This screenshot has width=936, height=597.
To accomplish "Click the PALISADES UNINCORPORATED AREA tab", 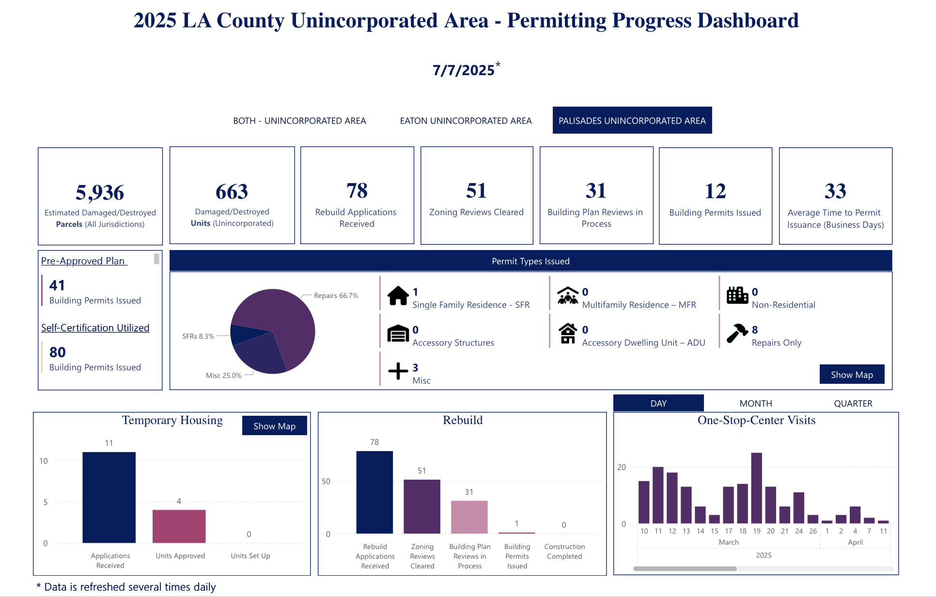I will point(632,121).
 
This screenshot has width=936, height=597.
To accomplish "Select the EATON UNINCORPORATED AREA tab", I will point(466,121).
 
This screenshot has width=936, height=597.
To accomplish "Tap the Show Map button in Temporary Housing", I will point(274,426).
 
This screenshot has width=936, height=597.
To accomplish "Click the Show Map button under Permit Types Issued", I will point(851,375).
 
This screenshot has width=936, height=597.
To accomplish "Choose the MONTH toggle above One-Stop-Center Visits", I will point(755,403).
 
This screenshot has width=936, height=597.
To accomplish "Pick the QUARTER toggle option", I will point(853,403).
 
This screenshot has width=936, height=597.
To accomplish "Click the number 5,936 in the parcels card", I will point(100,192).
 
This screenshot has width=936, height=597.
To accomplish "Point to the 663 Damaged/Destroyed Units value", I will point(232,192).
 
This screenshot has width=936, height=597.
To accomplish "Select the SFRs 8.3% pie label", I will point(198,336).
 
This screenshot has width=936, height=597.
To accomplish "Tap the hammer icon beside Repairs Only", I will point(737,333).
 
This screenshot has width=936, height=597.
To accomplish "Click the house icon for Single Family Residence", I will point(398,296).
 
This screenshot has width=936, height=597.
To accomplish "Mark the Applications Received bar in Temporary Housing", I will point(109,497).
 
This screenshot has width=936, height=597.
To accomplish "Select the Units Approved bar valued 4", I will point(179,526).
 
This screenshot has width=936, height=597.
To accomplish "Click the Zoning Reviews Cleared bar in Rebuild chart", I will point(422,506).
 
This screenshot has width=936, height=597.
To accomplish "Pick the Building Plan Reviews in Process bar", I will point(469,517).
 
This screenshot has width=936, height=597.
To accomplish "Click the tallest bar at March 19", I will point(756,488).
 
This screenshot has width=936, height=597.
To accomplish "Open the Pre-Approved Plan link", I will point(83,261).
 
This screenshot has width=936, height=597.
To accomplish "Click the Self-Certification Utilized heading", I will point(95,328).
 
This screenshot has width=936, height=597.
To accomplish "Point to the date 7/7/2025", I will point(464,70).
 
